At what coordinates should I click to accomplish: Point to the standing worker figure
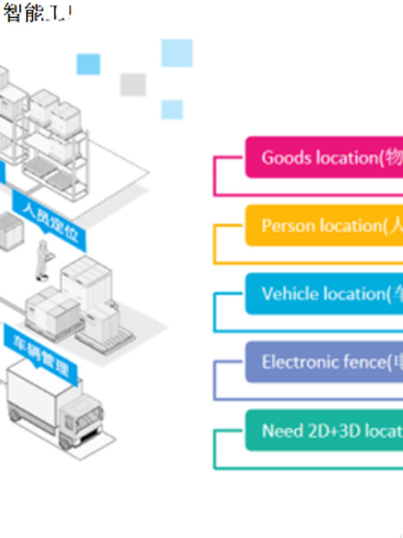(x=42, y=260)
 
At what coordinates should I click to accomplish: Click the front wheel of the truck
(x=66, y=443)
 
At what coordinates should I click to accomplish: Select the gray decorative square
(x=133, y=84)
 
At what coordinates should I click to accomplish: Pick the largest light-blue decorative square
(x=177, y=53)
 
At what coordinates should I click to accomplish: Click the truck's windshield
(x=89, y=418)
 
